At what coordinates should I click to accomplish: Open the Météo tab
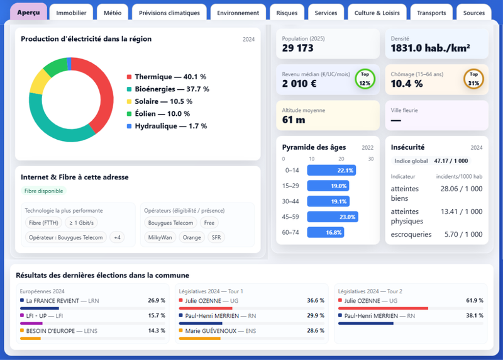pyautogui.click(x=113, y=13)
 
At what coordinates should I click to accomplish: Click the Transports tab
pyautogui.click(x=431, y=13)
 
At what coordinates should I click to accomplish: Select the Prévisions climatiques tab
pyautogui.click(x=169, y=13)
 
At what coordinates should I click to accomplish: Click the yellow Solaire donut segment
pyautogui.click(x=38, y=82)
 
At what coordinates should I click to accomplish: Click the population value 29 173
pyautogui.click(x=297, y=48)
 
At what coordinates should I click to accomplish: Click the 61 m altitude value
pyautogui.click(x=294, y=120)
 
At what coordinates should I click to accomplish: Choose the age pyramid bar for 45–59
pyautogui.click(x=333, y=217)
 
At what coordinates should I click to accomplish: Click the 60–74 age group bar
pyautogui.click(x=326, y=232)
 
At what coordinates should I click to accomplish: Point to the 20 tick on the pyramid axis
pyautogui.click(x=341, y=159)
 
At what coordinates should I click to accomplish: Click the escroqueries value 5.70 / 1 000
pyautogui.click(x=463, y=234)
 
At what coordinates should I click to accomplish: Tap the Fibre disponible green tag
pyautogui.click(x=43, y=191)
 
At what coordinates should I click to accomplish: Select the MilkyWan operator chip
pyautogui.click(x=160, y=237)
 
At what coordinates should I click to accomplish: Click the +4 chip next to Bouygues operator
pyautogui.click(x=117, y=237)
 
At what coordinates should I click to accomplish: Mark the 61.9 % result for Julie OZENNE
pyautogui.click(x=475, y=301)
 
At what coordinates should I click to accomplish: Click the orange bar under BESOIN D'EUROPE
pyautogui.click(x=30, y=339)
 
